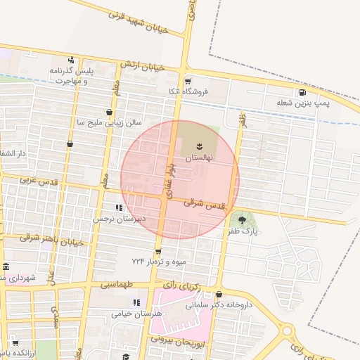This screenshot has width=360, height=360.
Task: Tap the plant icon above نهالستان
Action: coord(199,146)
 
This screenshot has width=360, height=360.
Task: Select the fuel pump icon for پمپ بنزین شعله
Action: coord(302,92)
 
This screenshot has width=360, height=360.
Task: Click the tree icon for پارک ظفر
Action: coord(243,220)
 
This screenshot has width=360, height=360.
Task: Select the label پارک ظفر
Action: coord(243,231)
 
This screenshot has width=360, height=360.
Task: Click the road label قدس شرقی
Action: coord(205,204)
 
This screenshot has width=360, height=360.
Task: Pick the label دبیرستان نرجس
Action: coord(120,219)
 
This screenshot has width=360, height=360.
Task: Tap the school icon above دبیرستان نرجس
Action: coord(119,208)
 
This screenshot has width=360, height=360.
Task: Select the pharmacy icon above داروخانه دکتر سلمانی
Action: coord(219,295)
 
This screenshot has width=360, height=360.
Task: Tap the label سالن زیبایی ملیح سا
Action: coord(108,122)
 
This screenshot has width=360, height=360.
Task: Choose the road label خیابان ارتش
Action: coord(141,66)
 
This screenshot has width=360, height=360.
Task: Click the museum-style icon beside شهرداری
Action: coord(6,266)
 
